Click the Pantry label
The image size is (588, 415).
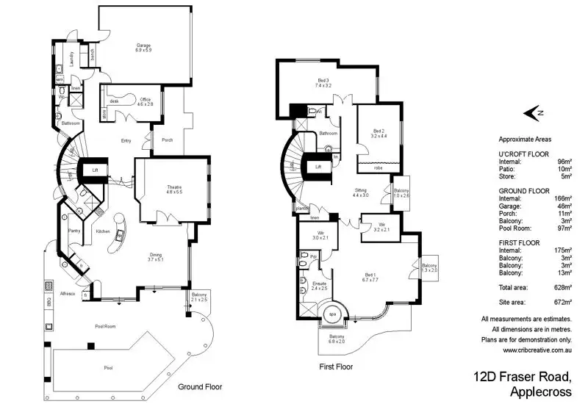tap(73, 231)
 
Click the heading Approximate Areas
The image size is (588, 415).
tap(525, 139)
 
